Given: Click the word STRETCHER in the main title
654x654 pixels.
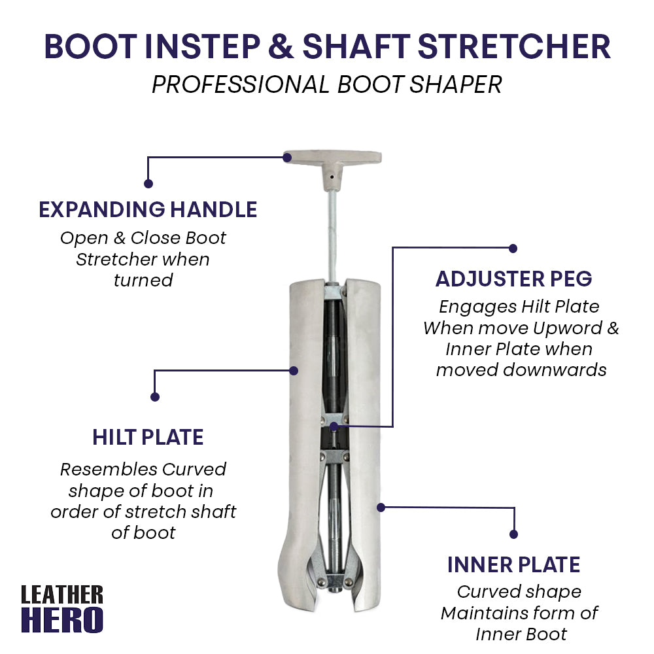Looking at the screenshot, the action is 514,46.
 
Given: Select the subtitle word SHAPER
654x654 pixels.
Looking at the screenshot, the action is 455,84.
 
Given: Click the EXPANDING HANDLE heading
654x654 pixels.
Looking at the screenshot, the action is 148,209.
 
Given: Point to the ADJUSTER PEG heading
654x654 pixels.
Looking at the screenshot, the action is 513,279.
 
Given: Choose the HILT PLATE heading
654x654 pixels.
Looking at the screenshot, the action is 148,437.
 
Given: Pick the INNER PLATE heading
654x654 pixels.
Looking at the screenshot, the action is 513,565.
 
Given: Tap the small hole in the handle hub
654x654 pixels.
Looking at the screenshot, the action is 332,177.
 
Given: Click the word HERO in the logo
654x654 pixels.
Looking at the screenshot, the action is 62,620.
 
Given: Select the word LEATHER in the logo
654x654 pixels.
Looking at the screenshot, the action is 62,594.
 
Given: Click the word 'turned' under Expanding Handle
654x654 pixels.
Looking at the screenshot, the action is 143,280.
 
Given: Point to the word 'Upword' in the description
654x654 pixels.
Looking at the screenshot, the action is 568,328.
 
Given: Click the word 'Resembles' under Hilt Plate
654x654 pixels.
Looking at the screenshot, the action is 109,469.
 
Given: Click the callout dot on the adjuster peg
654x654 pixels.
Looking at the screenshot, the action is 334,426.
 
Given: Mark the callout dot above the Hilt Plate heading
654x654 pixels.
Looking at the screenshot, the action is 155,397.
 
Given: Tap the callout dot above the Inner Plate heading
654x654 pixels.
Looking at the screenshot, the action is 513,534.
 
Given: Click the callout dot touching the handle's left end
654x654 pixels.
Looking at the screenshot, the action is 287,158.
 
